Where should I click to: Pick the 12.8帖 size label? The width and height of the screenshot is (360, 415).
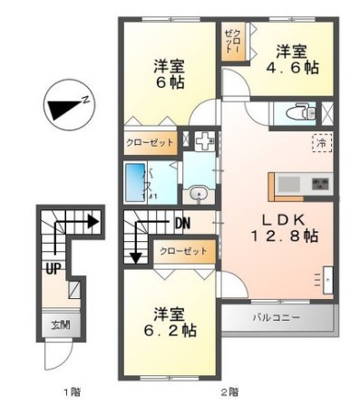[284, 236]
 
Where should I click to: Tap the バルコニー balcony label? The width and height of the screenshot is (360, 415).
[276, 318]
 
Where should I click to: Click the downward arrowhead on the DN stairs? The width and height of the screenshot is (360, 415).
[135, 257]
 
